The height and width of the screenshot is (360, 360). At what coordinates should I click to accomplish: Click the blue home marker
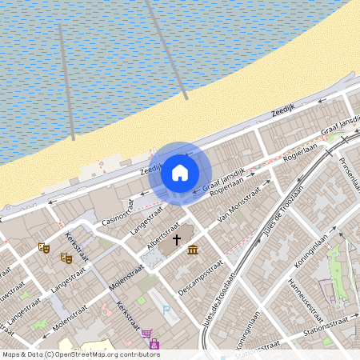180,173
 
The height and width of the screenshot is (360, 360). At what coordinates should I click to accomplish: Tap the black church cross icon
176,239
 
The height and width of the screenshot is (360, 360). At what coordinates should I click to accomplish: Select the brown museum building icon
193,250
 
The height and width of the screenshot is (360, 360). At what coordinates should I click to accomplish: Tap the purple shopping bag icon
154,344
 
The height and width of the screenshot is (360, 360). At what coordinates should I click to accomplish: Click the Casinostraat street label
118,212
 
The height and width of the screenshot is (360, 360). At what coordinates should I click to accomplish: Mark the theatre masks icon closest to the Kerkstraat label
66,258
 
